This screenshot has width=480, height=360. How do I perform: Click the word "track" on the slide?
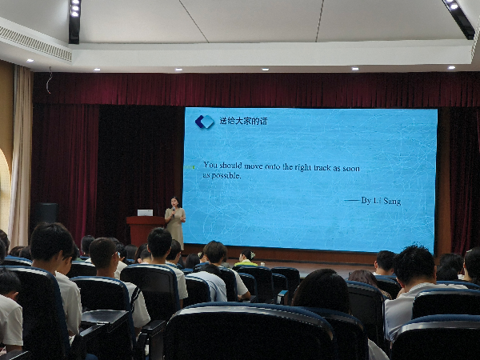point(322,167)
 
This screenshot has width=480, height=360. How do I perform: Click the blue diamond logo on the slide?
point(205,122)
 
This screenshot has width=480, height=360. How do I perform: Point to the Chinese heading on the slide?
point(243,122)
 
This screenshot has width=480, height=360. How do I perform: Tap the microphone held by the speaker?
point(174,210)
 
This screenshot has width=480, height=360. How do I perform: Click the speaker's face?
point(175,202)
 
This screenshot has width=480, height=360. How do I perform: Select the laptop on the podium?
point(145,213)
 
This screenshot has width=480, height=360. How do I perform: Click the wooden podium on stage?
point(145,230)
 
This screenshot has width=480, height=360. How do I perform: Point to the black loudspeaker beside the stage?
point(46,213)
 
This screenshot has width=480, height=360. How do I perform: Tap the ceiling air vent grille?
point(35,44)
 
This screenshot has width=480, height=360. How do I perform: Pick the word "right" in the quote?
point(303,167)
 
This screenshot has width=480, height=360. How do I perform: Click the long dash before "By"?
point(352,200)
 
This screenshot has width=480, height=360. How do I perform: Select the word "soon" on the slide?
point(351,168)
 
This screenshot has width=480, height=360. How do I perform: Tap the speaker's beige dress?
point(175,227)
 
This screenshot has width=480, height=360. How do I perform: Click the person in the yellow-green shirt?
point(246,258)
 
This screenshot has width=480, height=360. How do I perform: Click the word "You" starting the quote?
point(210,165)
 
